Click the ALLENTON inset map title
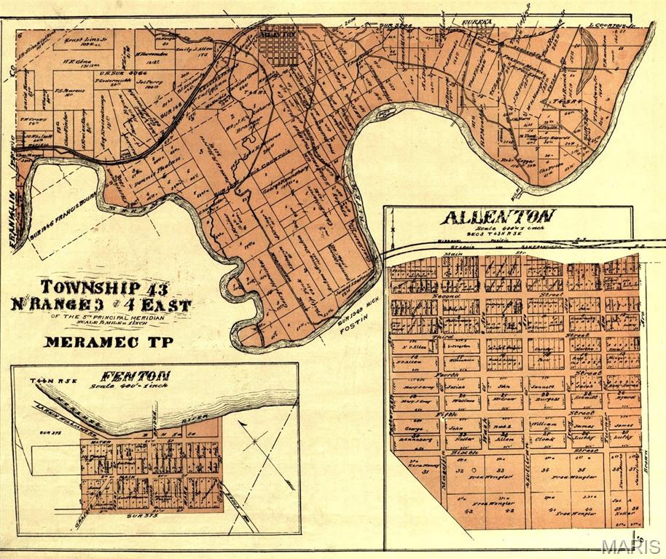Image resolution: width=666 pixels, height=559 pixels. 498,217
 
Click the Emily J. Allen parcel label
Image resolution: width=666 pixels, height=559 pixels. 211,49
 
